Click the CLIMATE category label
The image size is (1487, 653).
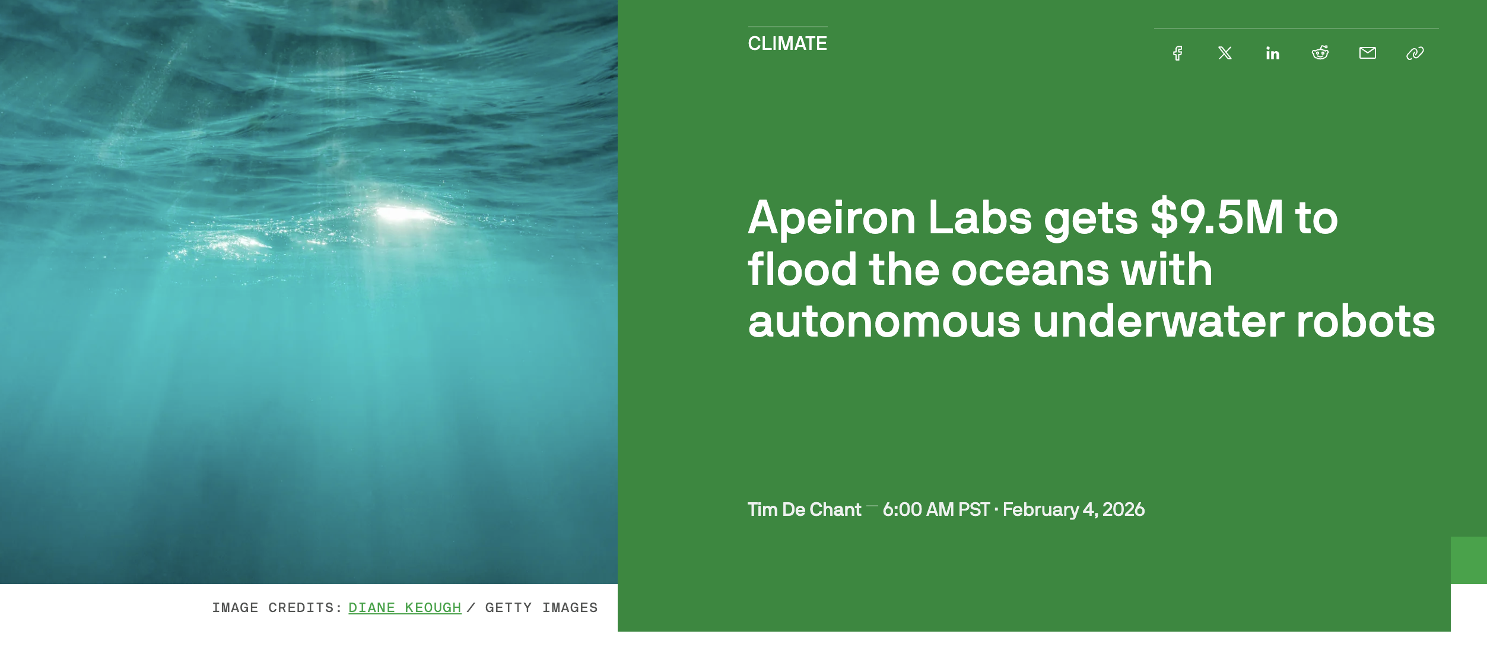pos(787,43)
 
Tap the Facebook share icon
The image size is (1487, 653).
pos(1178,53)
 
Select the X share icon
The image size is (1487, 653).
pos(1225,53)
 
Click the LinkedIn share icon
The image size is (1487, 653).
pos(1272,53)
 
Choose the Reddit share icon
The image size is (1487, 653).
pos(1320,53)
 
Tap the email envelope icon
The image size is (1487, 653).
pos(1368,53)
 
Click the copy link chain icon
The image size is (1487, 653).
pos(1415,53)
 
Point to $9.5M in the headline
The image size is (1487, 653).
pos(1216,217)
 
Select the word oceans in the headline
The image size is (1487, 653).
pos(1030,270)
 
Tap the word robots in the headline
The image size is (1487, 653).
pos(1365,322)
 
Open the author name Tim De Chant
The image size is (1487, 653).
pos(804,509)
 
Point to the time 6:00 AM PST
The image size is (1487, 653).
pos(936,509)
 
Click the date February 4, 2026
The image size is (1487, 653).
pos(1073,509)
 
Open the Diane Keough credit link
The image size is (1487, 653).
pos(405,608)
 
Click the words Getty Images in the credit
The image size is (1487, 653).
pos(541,608)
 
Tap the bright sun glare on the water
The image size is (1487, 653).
pos(403,213)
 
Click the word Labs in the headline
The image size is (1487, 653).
pos(980,217)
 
